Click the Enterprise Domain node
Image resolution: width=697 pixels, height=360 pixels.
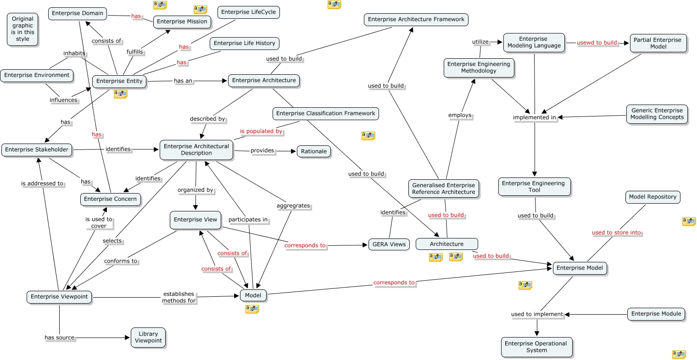click(78, 13)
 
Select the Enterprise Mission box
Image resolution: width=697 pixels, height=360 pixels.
click(182, 22)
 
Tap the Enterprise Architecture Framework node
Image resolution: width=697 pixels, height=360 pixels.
click(416, 19)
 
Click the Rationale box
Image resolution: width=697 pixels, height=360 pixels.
click(314, 151)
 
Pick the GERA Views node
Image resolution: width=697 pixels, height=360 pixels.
click(389, 244)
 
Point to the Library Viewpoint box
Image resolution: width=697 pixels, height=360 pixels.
click(148, 338)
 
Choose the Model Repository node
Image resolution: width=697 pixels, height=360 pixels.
click(652, 197)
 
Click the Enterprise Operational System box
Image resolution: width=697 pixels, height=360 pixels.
click(536, 347)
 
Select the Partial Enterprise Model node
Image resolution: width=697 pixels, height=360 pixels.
click(658, 43)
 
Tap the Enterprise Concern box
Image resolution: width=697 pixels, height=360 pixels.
click(111, 199)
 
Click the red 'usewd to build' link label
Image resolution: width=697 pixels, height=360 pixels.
click(597, 43)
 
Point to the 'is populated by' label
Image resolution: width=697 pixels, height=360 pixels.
click(261, 131)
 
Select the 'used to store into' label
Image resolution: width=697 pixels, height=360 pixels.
click(616, 233)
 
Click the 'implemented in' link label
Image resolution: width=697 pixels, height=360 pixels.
click(535, 117)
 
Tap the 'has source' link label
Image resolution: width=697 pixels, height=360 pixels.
click(59, 338)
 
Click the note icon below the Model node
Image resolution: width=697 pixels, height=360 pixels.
click(252, 309)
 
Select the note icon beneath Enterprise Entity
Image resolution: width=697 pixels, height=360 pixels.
click(120, 94)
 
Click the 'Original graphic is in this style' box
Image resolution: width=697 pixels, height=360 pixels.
click(22, 29)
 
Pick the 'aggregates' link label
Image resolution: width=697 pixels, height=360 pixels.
click(293, 206)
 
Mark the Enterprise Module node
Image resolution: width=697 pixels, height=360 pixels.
click(656, 314)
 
